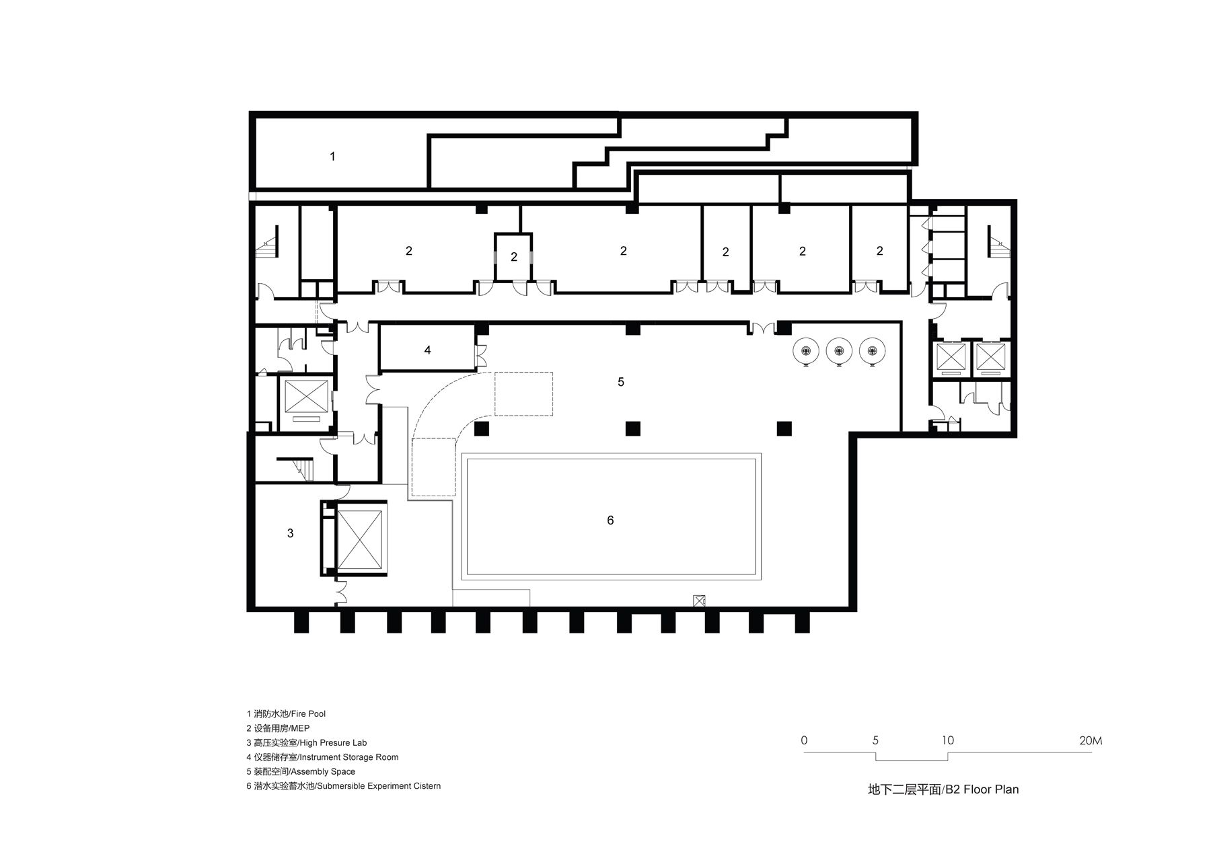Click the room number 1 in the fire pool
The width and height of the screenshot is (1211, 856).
[332, 157]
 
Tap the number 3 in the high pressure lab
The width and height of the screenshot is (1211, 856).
[291, 533]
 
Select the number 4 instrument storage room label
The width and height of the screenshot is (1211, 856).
[427, 350]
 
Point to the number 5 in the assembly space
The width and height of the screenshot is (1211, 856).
[621, 382]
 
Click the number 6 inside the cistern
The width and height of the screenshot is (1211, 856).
[610, 520]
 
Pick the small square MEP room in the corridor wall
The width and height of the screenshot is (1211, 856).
[514, 256]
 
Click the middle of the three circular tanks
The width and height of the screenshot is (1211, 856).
[839, 350]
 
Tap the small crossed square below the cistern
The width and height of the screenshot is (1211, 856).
[700, 602]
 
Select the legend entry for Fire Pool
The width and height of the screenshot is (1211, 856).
[286, 713]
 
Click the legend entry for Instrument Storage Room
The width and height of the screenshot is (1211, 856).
[322, 757]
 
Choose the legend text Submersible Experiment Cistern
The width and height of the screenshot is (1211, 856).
[343, 786]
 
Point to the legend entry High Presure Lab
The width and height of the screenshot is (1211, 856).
[307, 743]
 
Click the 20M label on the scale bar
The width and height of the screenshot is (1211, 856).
[1091, 741]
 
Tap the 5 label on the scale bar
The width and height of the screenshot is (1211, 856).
[875, 741]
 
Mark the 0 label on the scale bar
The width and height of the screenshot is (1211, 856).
[805, 741]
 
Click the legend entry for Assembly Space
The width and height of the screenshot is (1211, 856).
[301, 772]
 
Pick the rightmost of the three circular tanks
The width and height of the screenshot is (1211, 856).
[872, 350]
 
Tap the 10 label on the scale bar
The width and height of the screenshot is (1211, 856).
[947, 741]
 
